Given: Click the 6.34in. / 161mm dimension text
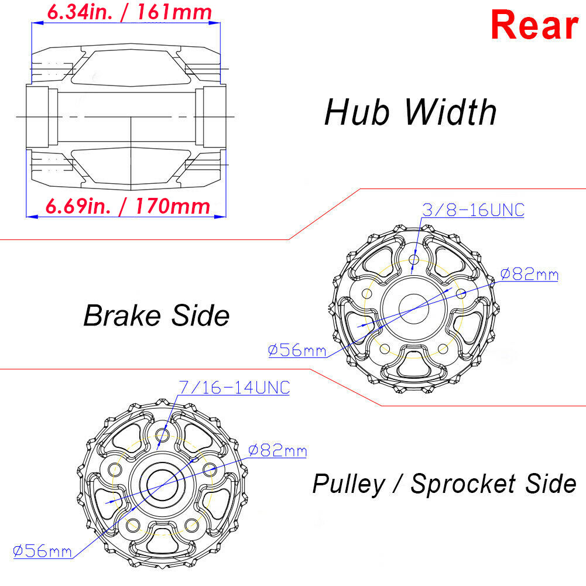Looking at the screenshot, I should (129, 12).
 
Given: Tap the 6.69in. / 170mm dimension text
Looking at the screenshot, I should (128, 205).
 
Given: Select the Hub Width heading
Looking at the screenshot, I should (410, 112).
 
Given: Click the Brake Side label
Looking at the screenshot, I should (156, 316).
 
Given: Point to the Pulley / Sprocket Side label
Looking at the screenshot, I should (444, 484).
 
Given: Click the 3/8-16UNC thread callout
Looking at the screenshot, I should (473, 210).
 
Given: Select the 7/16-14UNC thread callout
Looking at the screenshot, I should (233, 387).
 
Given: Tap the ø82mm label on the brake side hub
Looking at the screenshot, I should (529, 274).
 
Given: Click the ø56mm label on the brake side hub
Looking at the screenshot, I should (297, 350).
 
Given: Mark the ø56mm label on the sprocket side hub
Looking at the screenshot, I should (42, 551).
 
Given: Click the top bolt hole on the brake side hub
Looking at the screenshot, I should (414, 259).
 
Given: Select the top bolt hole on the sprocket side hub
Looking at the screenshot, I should (162, 436).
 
